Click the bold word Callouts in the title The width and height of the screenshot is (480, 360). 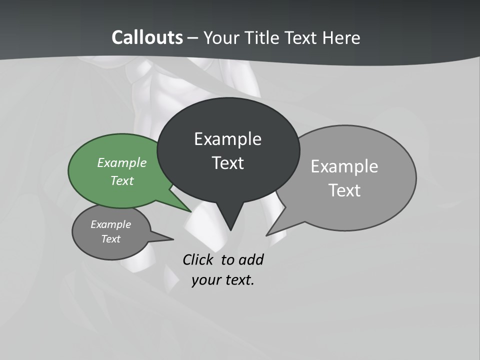pos(147,37)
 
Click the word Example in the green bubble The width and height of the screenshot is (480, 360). pos(122,162)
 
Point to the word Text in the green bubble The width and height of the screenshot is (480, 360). pos(122,180)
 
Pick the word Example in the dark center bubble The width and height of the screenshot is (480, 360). pos(227,139)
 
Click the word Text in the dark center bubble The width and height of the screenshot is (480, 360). pos(227,163)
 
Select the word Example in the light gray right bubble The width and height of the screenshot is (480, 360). pos(344,166)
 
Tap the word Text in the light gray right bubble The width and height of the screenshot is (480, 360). pos(344,190)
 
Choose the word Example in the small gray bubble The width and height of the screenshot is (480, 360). pos(110,224)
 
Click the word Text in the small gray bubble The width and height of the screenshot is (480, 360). pos(110,239)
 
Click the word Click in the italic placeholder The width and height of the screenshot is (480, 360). pos(198,260)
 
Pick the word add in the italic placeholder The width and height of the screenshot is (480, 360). pos(250,260)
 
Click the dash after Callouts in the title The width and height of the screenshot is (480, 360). pos(193,38)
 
